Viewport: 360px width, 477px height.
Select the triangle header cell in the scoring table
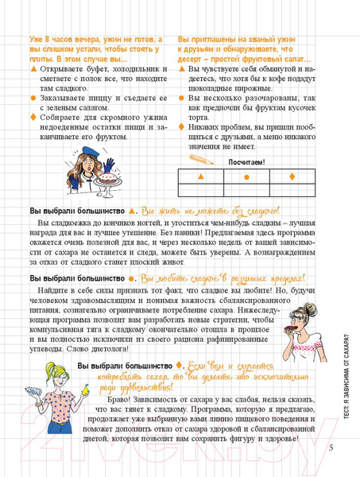click(x=199, y=176)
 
